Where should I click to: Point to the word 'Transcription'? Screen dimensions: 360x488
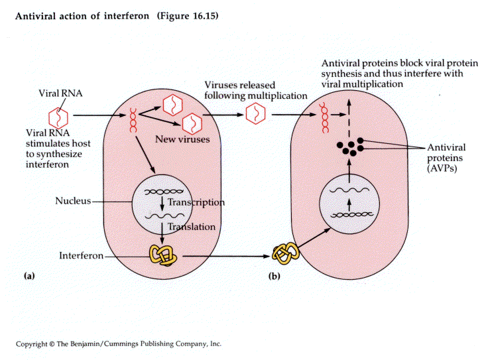coord(196,202)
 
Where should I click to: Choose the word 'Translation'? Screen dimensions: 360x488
coord(192,227)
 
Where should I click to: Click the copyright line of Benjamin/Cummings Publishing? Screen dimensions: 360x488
coord(119,344)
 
